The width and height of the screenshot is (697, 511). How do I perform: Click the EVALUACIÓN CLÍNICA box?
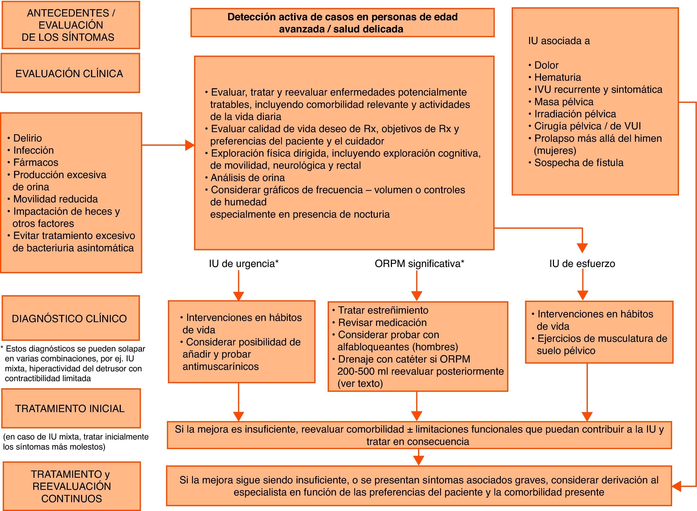[70, 73]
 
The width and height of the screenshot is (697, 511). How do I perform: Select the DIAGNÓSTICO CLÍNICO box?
[70, 318]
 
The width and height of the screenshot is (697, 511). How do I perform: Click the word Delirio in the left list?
[28, 138]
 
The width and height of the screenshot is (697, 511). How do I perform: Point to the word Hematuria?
[558, 77]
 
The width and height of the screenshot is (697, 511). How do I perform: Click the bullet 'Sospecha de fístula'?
[578, 163]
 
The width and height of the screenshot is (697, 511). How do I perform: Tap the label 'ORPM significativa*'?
[419, 263]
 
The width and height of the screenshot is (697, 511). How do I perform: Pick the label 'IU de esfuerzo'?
[582, 263]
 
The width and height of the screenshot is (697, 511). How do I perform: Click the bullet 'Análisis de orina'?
[247, 178]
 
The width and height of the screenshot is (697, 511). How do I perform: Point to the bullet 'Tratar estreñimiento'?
[383, 310]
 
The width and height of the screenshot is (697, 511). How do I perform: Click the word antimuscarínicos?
[221, 367]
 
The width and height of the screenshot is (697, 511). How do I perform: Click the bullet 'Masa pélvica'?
[564, 102]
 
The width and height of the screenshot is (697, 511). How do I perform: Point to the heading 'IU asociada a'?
[559, 41]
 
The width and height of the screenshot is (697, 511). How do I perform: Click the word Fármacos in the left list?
[36, 162]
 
